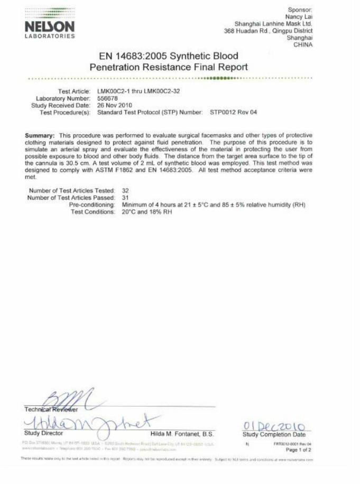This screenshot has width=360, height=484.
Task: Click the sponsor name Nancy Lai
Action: coord(299,17)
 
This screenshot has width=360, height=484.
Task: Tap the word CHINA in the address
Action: coord(303,44)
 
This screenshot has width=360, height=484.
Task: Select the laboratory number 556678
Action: coord(109,98)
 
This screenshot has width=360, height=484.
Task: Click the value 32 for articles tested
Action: coord(126,190)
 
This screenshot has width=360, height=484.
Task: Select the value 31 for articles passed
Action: coord(126,197)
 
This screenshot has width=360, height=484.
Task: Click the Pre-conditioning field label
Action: coord(92,204)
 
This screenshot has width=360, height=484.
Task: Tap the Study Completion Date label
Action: coord(274,434)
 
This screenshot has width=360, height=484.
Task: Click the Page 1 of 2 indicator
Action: coord(298,450)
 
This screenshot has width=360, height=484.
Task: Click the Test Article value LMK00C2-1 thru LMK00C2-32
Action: coord(139,91)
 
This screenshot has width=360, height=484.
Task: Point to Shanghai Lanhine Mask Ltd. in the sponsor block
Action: coord(273,24)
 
